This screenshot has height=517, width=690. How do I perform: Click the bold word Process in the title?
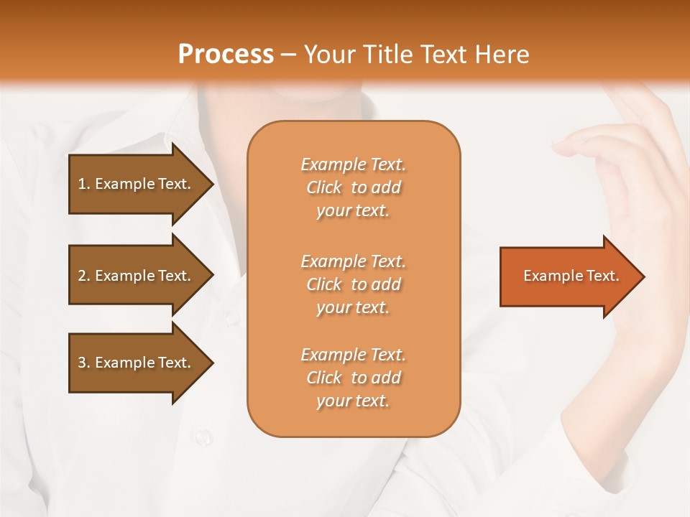226,54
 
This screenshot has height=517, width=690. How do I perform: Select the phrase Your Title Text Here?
417,54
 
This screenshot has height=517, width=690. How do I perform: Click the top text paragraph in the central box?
353,187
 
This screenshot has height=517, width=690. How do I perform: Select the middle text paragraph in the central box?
353,284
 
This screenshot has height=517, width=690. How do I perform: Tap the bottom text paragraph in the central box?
353,378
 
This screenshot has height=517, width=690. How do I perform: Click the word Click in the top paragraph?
324,187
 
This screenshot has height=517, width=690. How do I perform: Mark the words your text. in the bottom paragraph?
353,401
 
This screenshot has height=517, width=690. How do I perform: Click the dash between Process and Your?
289,55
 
